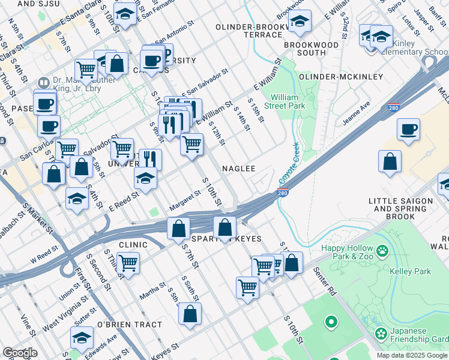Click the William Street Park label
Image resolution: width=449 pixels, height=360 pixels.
point(288,101)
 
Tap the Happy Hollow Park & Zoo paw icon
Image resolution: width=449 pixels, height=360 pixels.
point(382,249)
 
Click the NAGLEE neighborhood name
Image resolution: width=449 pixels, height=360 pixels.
point(240,169)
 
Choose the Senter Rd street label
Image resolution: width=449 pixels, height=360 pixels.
point(324,281)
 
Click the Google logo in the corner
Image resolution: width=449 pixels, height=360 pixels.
point(19,353)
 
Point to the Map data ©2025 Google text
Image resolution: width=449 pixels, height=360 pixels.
point(412,355)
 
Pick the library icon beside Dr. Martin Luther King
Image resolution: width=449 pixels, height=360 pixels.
point(43,82)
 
